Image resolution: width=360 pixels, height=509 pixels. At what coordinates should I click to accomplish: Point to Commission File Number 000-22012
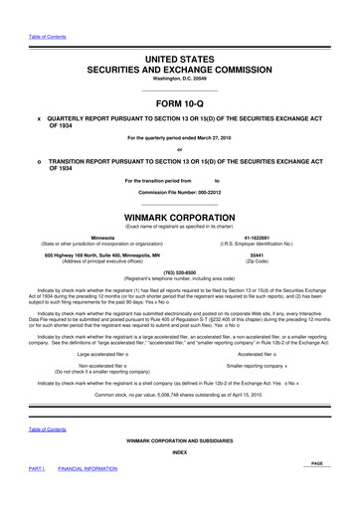click(187, 191)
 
